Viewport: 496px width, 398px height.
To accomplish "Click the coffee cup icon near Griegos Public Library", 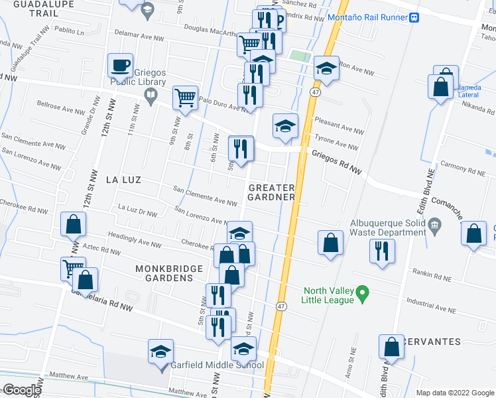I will (x=121, y=66).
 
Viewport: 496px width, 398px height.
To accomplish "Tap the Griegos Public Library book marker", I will (x=151, y=98).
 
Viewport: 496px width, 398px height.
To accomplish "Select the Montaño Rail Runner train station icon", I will (x=414, y=18).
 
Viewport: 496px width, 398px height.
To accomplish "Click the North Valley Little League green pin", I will (x=362, y=293).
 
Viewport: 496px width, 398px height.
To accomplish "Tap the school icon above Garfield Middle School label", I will (x=160, y=352).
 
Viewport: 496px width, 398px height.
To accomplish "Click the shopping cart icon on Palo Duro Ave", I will (x=185, y=98).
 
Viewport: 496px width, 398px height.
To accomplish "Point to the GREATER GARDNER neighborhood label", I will (x=271, y=192).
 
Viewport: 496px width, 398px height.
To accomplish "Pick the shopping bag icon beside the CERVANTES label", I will (x=391, y=347).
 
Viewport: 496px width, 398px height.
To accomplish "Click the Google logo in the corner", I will (x=21, y=390).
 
